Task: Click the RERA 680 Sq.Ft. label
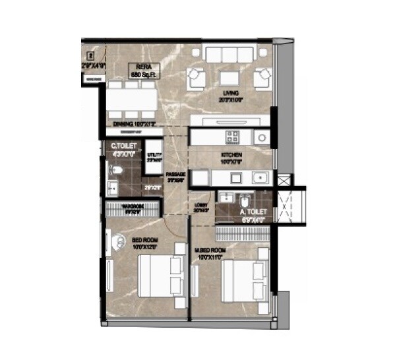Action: (x=144, y=71)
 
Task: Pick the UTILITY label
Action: (x=154, y=156)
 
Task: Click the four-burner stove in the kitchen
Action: (x=233, y=137)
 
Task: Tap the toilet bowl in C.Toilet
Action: (x=116, y=171)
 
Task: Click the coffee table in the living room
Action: (x=230, y=76)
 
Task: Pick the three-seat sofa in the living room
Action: (x=230, y=54)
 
